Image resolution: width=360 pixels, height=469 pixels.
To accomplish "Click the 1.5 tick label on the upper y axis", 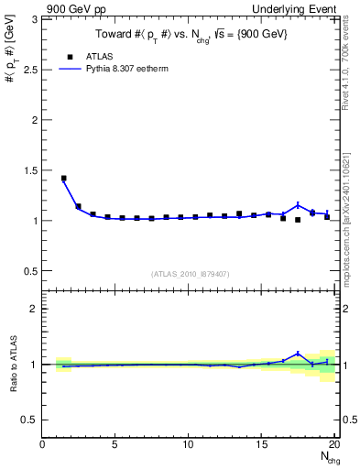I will tap(31, 169).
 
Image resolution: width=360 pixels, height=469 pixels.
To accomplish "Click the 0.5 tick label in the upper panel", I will tap(31, 271).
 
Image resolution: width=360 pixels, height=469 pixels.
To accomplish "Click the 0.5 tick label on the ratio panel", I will tap(31, 420).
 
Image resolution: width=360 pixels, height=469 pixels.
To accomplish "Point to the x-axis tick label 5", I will tap(115, 444).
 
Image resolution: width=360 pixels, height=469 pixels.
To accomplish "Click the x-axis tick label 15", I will tap(263, 444).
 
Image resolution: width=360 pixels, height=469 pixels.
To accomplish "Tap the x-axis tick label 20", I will tap(335, 444).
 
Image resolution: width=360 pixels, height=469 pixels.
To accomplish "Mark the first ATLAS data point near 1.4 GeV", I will tap(63, 179).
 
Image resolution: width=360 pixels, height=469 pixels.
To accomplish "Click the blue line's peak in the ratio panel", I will tap(298, 353).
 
